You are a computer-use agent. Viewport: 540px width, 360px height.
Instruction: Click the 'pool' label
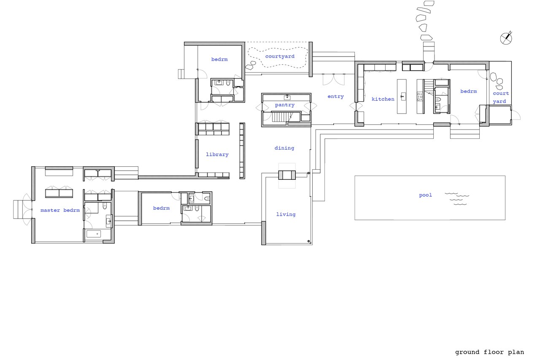coord(425,195)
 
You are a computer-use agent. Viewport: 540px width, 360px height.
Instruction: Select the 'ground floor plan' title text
coord(489,352)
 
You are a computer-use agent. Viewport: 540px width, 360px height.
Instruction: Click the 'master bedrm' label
coord(60,210)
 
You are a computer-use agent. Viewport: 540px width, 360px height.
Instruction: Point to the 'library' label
coord(217,154)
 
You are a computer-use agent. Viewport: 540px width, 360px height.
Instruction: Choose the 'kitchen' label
coord(383,99)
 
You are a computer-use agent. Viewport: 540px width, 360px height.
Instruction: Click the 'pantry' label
coord(285,105)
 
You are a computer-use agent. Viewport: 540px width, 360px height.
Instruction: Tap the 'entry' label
coord(335,97)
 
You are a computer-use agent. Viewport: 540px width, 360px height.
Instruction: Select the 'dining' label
coord(284,148)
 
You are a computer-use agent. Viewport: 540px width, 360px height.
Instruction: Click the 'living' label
coord(286,214)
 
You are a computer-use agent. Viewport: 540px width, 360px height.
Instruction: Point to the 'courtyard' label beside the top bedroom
coord(280,56)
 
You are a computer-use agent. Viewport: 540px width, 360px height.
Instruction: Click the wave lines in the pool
coord(457,199)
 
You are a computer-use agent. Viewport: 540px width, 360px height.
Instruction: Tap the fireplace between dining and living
coord(287,175)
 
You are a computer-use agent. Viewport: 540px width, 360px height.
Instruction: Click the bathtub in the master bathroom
coord(93,233)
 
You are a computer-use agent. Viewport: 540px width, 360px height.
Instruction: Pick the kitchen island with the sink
coord(401,96)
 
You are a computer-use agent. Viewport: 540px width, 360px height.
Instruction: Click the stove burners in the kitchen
coord(420,97)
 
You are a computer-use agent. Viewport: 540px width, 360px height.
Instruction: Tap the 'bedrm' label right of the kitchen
coord(468,92)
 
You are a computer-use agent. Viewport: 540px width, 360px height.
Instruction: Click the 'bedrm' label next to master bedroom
coord(161,208)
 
